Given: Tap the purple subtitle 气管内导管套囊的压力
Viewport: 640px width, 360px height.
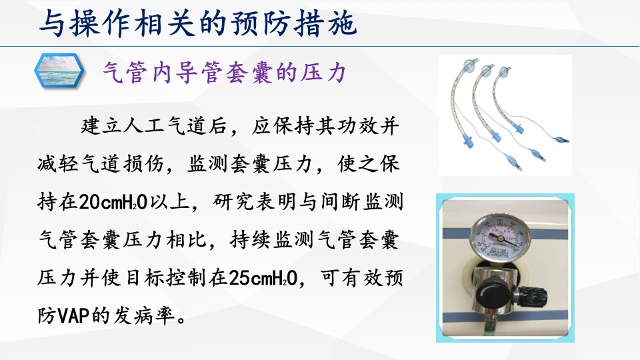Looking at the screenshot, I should pyautogui.click(x=223, y=71).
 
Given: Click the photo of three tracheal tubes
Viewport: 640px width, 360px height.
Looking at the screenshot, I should pyautogui.click(x=505, y=115).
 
